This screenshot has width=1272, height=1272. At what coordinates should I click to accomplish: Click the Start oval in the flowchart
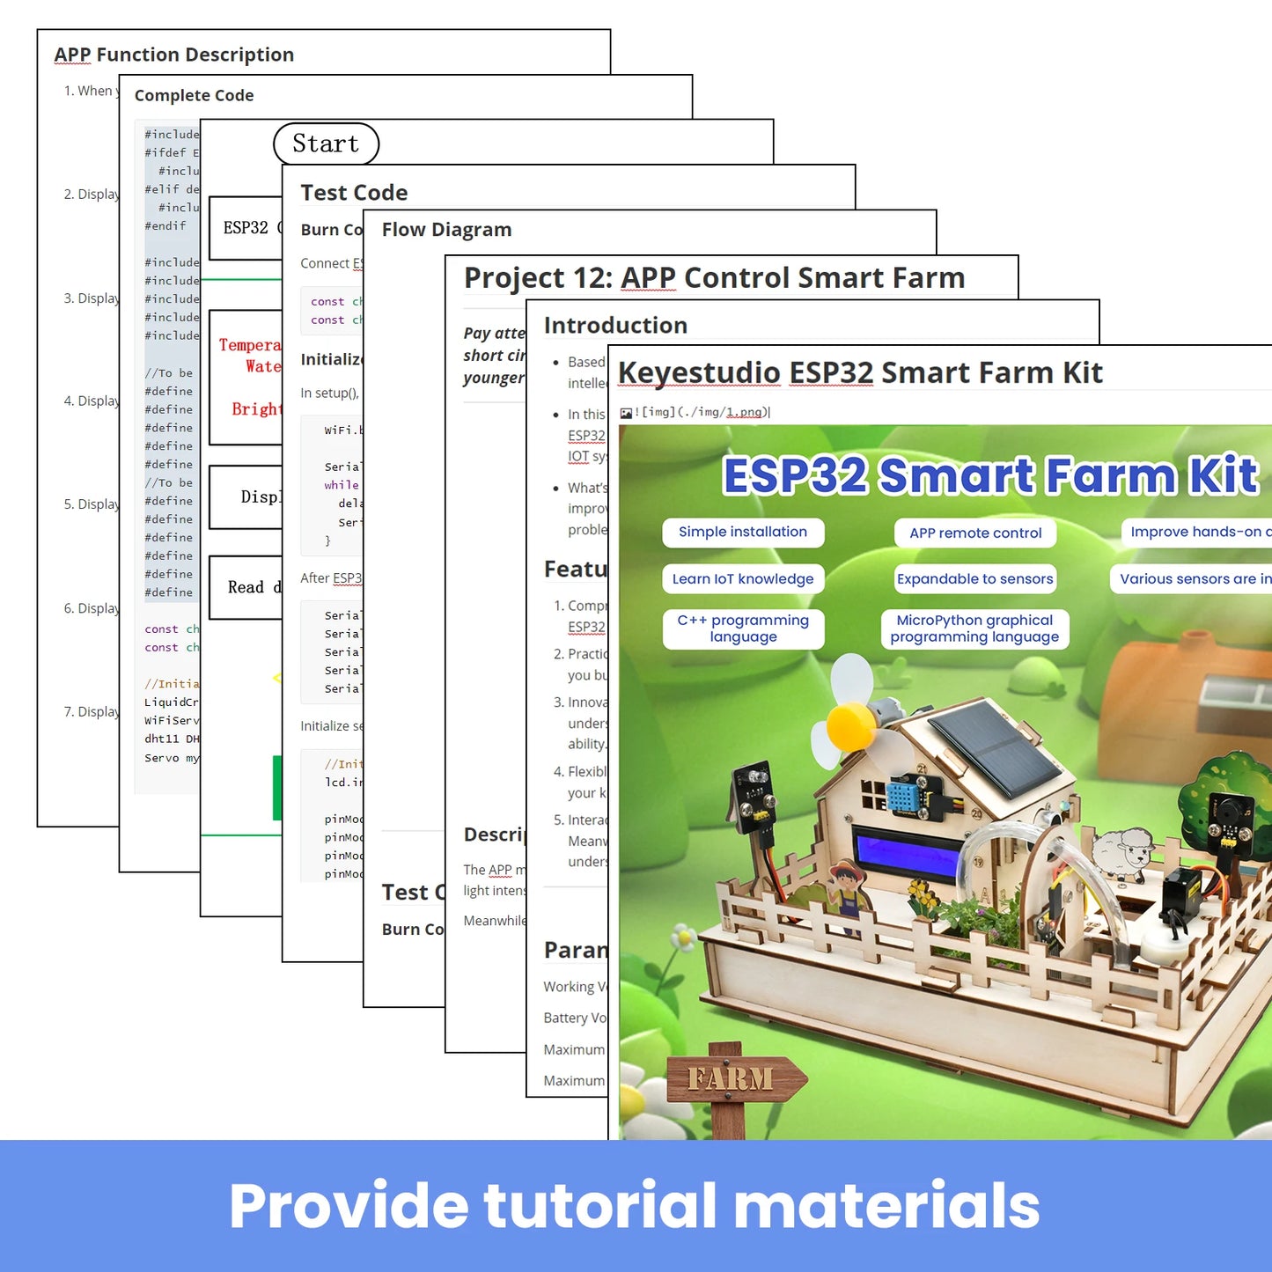(326, 143)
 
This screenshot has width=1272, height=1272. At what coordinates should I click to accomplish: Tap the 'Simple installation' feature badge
(743, 532)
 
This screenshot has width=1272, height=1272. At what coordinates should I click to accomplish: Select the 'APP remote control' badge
(975, 533)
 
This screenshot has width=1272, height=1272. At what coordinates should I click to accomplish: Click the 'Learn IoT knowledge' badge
(743, 578)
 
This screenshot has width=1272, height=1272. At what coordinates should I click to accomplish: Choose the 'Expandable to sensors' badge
(975, 578)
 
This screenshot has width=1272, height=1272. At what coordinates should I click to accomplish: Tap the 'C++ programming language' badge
(743, 629)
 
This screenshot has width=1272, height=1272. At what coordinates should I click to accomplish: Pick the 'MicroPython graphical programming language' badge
(974, 629)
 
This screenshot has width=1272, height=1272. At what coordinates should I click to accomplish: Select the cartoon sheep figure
(1122, 850)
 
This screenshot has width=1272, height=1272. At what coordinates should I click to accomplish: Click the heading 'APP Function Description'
(174, 55)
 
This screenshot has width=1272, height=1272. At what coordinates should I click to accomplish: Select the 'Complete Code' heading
(194, 95)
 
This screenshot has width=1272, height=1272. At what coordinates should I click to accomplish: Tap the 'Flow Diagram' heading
(446, 230)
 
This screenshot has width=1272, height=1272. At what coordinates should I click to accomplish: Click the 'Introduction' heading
(615, 326)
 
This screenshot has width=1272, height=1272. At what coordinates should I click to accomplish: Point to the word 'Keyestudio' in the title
(699, 373)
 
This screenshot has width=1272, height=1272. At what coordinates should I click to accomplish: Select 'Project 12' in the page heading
(537, 278)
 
